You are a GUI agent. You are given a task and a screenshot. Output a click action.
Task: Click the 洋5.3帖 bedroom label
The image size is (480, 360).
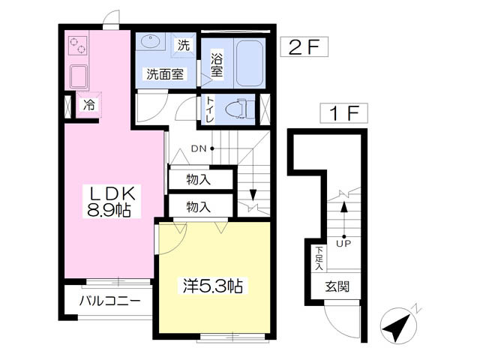pos(213,286)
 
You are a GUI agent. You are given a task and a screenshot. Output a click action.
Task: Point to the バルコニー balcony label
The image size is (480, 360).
pos(109,301)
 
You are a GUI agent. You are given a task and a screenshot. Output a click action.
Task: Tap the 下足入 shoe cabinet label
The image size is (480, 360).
pos(319,258)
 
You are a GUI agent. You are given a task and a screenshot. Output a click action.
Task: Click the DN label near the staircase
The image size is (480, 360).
pos(199,148)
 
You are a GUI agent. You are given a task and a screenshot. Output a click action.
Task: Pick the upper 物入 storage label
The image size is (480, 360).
pos(198,180)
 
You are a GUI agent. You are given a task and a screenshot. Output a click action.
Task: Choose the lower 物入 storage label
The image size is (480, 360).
pos(198,206)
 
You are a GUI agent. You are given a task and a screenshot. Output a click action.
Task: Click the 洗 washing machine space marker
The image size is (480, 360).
pos(183,45)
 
